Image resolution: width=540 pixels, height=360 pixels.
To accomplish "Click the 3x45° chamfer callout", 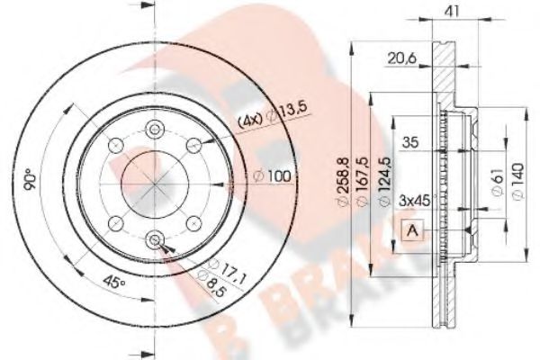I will click(x=417, y=199).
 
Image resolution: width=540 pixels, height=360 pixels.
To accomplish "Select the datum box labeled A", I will click(x=412, y=231).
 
